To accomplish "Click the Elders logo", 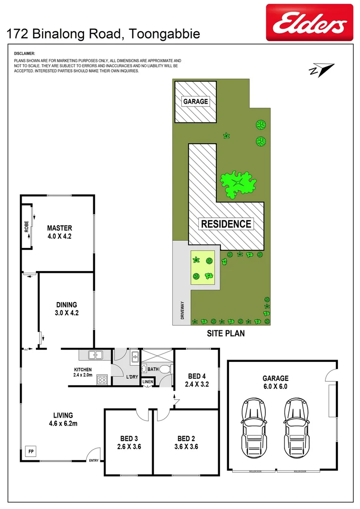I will (x=310, y=22).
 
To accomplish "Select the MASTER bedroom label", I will (x=59, y=228).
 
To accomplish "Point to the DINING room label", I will (x=66, y=305).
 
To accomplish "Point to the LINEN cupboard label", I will (x=148, y=381).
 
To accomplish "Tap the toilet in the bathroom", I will (x=164, y=369).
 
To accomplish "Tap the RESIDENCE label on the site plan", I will (x=226, y=223).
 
